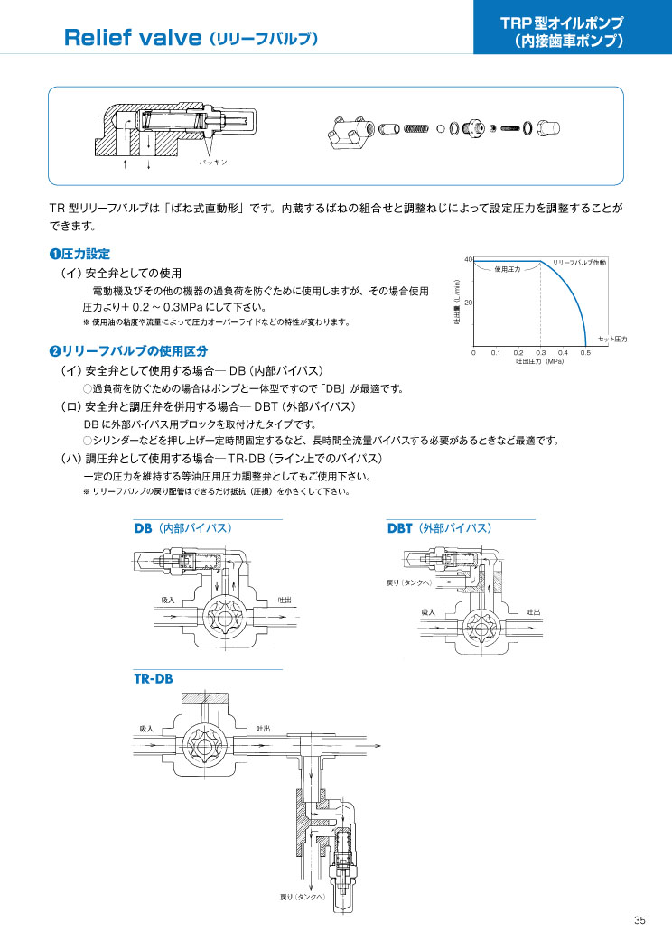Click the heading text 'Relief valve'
[132, 38]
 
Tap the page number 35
[639, 920]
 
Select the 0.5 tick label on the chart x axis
[584, 352]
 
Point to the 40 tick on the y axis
[468, 259]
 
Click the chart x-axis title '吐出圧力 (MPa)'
[539, 362]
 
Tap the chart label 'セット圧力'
[612, 340]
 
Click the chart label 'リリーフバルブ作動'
[579, 263]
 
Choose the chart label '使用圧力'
[508, 269]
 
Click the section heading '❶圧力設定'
[79, 254]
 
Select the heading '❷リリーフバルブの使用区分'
[128, 350]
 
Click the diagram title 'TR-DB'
[154, 678]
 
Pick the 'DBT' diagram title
[400, 528]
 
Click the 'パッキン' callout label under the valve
[213, 163]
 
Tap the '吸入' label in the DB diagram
[168, 600]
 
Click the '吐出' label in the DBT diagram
[533, 612]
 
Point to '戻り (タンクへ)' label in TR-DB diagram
[303, 898]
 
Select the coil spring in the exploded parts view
[416, 128]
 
